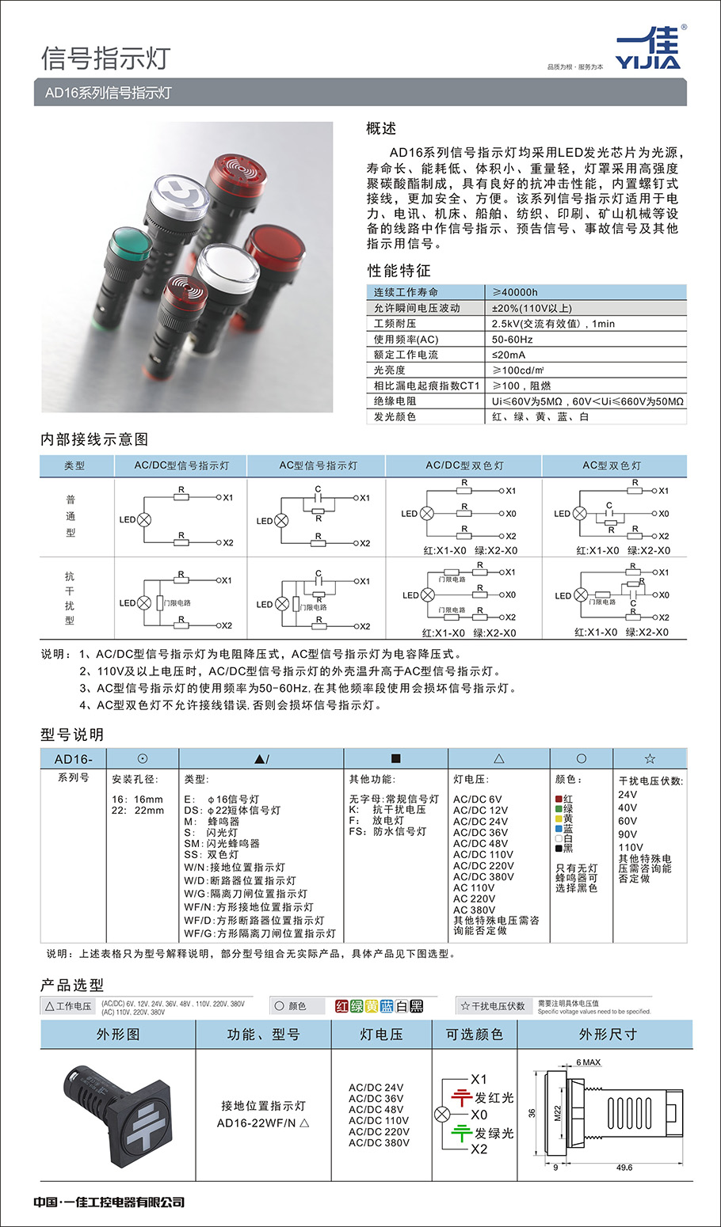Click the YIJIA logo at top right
pyautogui.click(x=647, y=49)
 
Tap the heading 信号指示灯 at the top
pyautogui.click(x=105, y=58)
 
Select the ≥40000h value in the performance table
pyautogui.click(x=515, y=292)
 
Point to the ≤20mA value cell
pyautogui.click(x=509, y=355)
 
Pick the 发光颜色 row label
pyautogui.click(x=395, y=416)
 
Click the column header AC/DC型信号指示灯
pyautogui.click(x=181, y=465)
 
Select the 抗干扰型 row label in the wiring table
pyautogui.click(x=70, y=598)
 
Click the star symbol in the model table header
pyautogui.click(x=650, y=758)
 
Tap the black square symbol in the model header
pyautogui.click(x=396, y=758)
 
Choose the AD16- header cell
pyautogui.click(x=74, y=759)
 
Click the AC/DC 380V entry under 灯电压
pyautogui.click(x=483, y=876)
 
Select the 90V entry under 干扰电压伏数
pyautogui.click(x=628, y=834)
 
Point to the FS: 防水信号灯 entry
pyautogui.click(x=387, y=831)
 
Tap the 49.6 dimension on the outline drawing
pyautogui.click(x=624, y=1167)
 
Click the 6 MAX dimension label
pyautogui.click(x=588, y=1062)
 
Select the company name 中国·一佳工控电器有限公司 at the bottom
pyautogui.click(x=109, y=1202)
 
